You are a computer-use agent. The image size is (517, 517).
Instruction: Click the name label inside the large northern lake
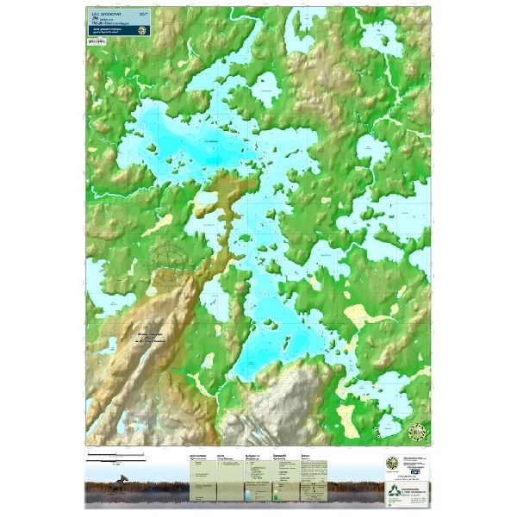click(211, 141)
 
